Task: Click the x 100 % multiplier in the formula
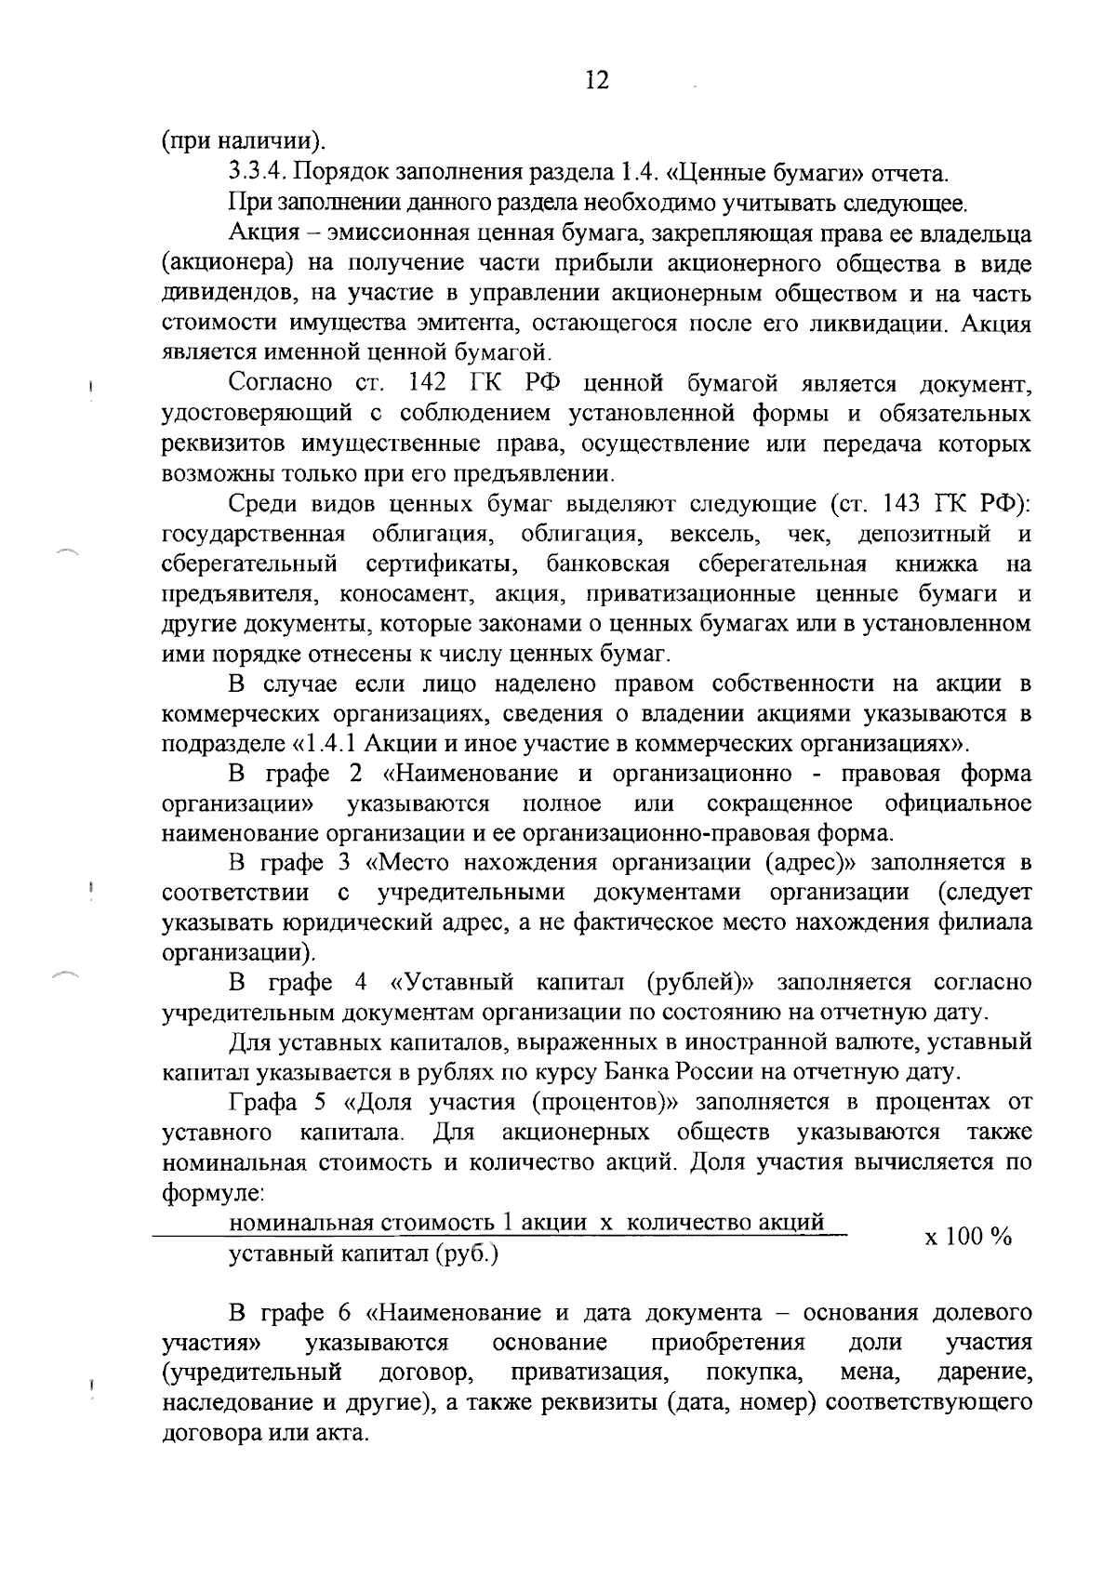coord(966,1237)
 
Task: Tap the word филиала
coord(986,923)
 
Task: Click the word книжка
coord(937,564)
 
